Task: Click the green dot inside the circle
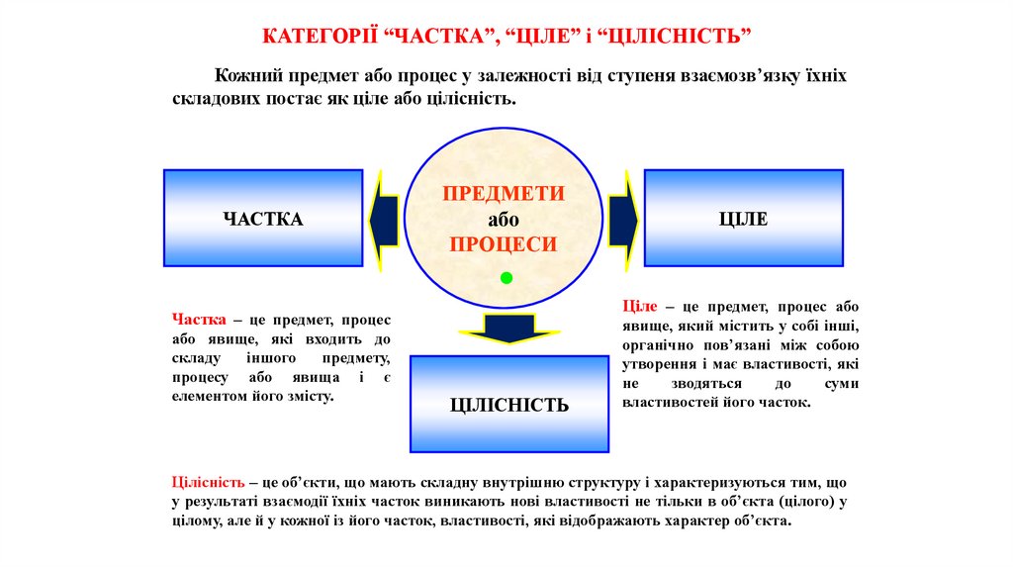coord(506,276)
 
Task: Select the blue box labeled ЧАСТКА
coord(263,219)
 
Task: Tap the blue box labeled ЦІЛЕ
coord(743,219)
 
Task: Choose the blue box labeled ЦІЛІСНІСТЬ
coord(509,405)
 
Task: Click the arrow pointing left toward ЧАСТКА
coord(384,219)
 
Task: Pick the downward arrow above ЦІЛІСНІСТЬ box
coord(506,328)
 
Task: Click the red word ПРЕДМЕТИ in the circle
coord(504,194)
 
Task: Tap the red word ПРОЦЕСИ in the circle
coord(504,244)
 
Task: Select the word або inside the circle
coord(504,220)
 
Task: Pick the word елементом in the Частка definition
coord(210,396)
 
